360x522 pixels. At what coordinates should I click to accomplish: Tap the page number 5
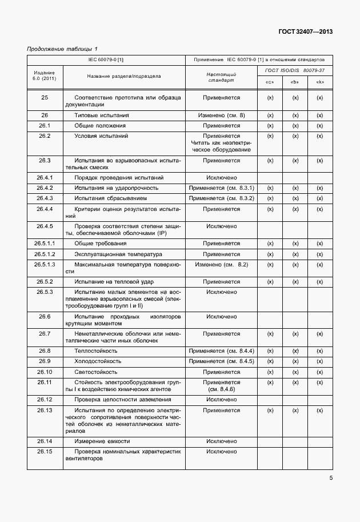[x=331, y=478]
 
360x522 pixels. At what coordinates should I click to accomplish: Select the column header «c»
[x=270, y=82]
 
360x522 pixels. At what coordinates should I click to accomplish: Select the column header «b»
[x=295, y=82]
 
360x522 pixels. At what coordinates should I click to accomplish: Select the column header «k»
[x=320, y=82]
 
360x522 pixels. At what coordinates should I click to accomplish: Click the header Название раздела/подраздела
[x=124, y=76]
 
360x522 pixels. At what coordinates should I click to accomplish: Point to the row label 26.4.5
[x=45, y=226]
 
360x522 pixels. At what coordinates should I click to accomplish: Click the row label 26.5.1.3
[x=45, y=265]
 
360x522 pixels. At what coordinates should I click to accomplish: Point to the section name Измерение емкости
[x=102, y=441]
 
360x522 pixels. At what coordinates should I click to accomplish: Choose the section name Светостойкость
[x=97, y=372]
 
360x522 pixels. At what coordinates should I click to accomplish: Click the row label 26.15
[x=45, y=452]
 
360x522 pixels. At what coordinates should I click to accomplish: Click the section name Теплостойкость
[x=96, y=350]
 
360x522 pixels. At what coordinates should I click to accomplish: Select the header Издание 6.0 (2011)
[x=45, y=76]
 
